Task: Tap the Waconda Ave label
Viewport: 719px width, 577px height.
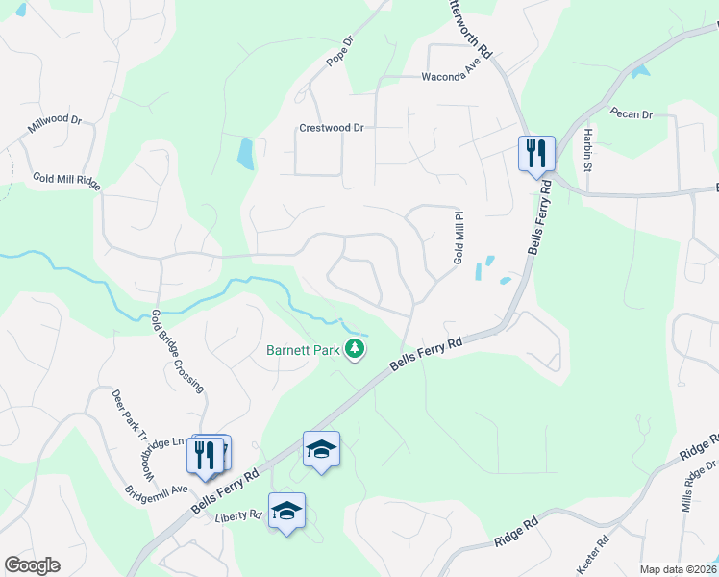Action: (452, 79)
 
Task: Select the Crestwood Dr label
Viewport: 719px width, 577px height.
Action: (332, 127)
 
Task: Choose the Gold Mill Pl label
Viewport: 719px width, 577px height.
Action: (459, 239)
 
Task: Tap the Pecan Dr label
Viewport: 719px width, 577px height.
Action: (631, 114)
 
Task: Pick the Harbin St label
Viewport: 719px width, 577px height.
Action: (585, 148)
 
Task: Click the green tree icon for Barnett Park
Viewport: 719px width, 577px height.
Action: (356, 349)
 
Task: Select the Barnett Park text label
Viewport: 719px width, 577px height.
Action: (303, 350)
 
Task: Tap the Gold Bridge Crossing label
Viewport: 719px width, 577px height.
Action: (178, 351)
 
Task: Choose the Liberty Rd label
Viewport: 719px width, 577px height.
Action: (238, 515)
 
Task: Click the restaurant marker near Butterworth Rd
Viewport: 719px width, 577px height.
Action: (535, 152)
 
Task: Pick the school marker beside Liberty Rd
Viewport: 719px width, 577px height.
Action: (286, 510)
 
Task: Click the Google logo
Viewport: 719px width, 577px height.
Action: (32, 565)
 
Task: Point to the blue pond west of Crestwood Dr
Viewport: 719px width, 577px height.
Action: (246, 154)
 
